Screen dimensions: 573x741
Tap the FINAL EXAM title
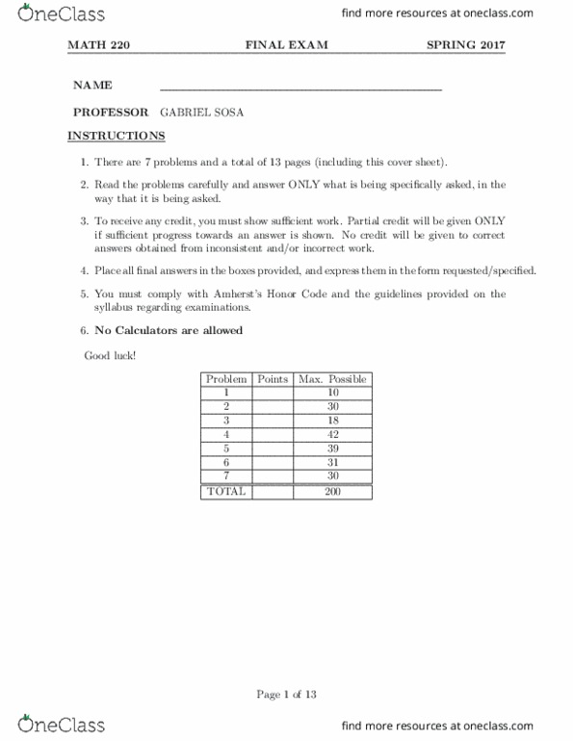(x=286, y=45)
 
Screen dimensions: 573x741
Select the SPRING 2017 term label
(x=465, y=45)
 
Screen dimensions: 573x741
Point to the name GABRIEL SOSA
(x=202, y=112)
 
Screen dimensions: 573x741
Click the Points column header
(x=273, y=379)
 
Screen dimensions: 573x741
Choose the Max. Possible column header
(x=332, y=379)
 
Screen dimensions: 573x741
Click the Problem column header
(x=226, y=379)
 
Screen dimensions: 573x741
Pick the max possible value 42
(x=332, y=435)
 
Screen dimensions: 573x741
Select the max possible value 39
(x=332, y=448)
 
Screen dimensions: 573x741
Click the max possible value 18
(x=332, y=421)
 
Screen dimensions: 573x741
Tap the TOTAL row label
(x=226, y=491)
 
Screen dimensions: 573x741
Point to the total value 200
(x=332, y=491)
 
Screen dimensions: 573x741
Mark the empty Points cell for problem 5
(x=273, y=448)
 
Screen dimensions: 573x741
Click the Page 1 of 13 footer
(x=286, y=696)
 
